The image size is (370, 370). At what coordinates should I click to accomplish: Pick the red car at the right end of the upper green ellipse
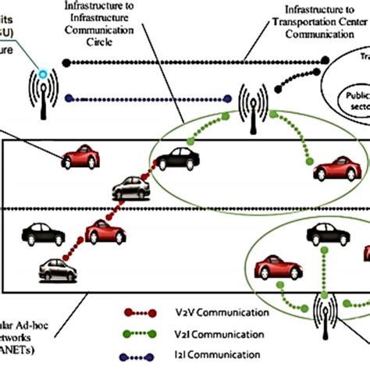point(335,167)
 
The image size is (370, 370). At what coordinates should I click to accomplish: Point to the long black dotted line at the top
point(156,59)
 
